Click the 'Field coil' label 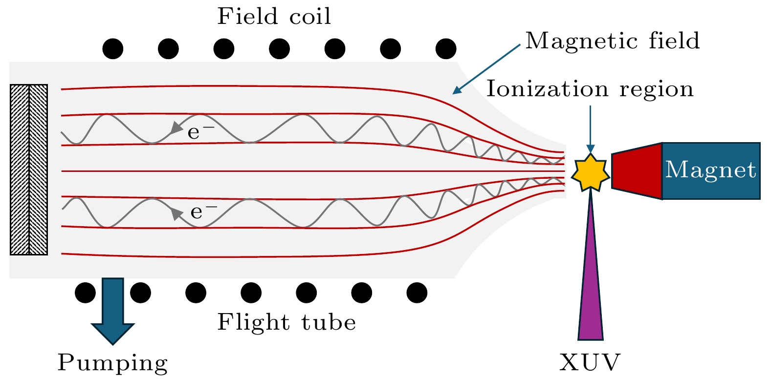(x=274, y=17)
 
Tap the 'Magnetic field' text (x=612, y=41)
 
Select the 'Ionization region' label (x=590, y=89)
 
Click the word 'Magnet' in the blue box (x=710, y=170)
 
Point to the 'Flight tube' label (x=286, y=322)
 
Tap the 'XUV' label (x=590, y=363)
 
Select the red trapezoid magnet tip (x=637, y=171)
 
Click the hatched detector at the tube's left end (x=29, y=169)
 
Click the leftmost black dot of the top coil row (x=113, y=49)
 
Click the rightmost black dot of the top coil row (x=446, y=49)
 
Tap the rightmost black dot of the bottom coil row (x=417, y=293)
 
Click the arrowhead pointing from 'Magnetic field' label (x=457, y=90)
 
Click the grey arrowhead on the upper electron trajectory (x=175, y=128)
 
